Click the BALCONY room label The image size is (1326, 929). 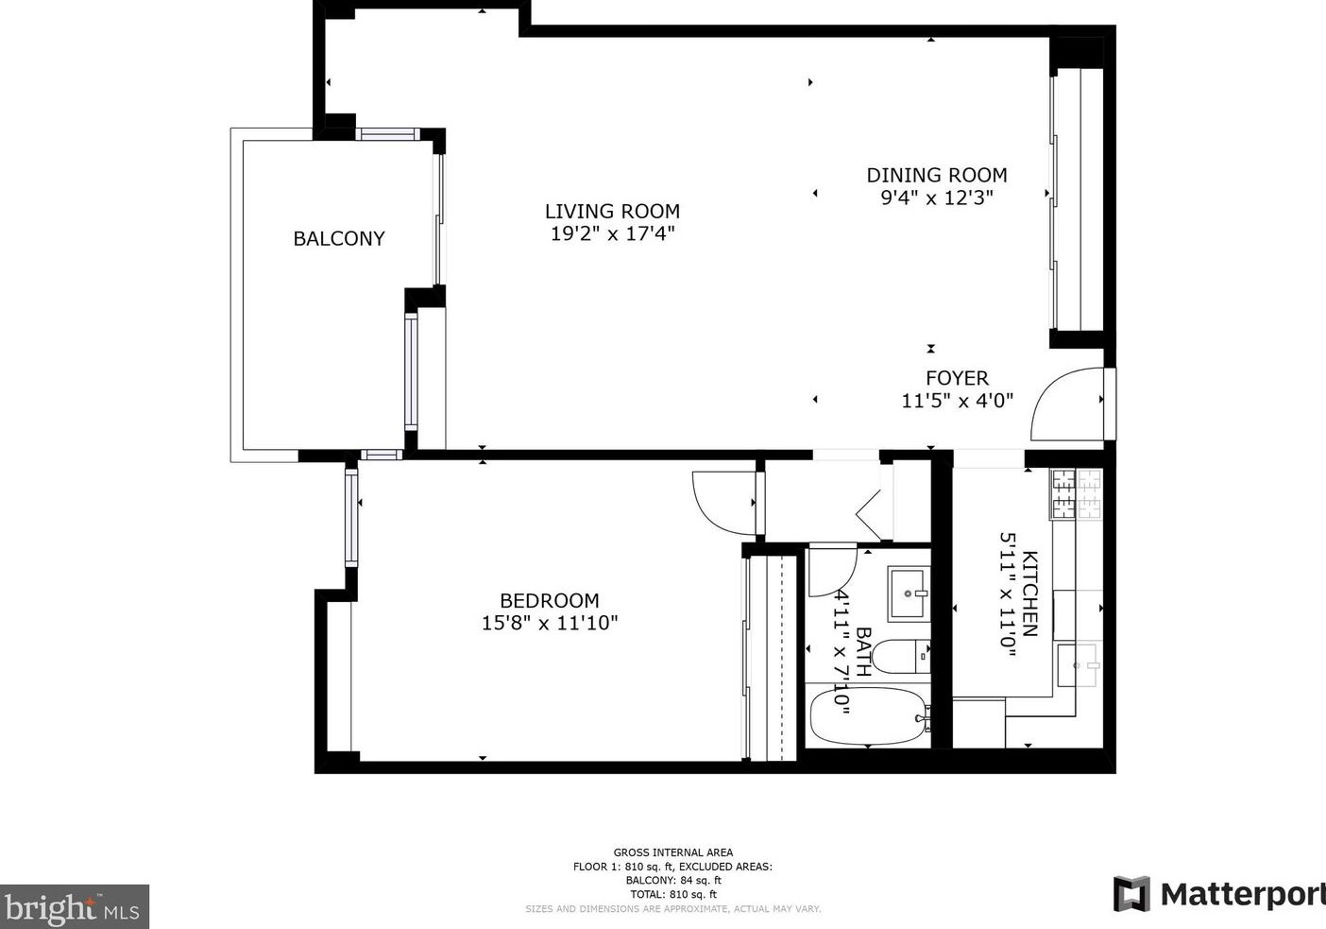click(x=339, y=238)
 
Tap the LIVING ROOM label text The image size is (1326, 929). click(x=612, y=211)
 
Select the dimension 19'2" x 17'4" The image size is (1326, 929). click(x=612, y=233)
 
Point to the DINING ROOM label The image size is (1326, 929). click(x=937, y=175)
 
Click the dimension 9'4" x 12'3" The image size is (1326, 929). click(x=937, y=198)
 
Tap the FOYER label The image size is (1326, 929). click(x=957, y=378)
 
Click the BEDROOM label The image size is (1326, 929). click(x=550, y=601)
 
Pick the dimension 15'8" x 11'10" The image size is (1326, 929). click(x=550, y=624)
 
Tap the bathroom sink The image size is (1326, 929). click(x=908, y=594)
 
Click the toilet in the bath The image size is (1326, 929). click(x=901, y=657)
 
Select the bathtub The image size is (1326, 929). click(x=868, y=715)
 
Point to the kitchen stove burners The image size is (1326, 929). click(x=1076, y=493)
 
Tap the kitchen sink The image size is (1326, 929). click(x=1079, y=664)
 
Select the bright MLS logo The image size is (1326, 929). click(x=74, y=906)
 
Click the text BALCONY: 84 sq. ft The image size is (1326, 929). click(x=673, y=880)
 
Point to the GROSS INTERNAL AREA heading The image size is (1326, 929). click(x=673, y=852)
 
